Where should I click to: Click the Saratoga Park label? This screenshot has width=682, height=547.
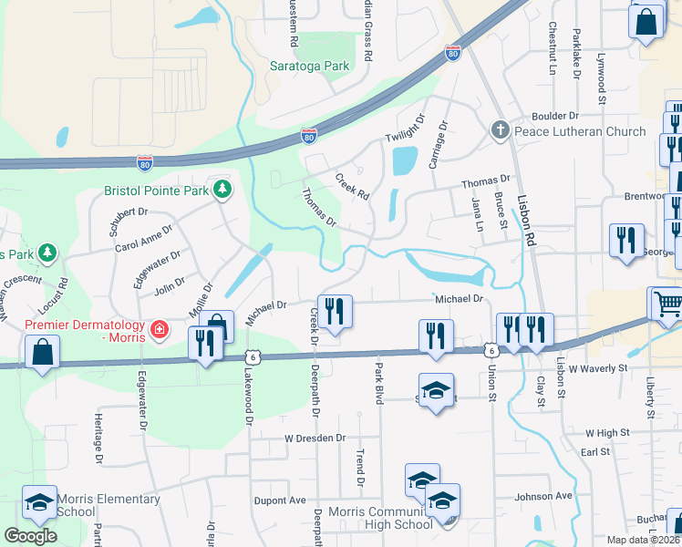310,66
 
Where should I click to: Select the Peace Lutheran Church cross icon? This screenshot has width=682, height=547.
500,131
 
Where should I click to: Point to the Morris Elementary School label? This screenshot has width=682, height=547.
108,505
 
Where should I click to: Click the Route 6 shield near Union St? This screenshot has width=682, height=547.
491,350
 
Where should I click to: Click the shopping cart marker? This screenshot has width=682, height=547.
666,304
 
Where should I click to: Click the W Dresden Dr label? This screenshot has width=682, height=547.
315,439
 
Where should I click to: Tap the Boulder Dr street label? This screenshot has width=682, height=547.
555,117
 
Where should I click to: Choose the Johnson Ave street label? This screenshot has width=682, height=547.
542,497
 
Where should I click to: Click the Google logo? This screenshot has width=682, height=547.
30,536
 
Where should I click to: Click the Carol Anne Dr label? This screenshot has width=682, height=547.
144,239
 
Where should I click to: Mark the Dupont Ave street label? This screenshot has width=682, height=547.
280,501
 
